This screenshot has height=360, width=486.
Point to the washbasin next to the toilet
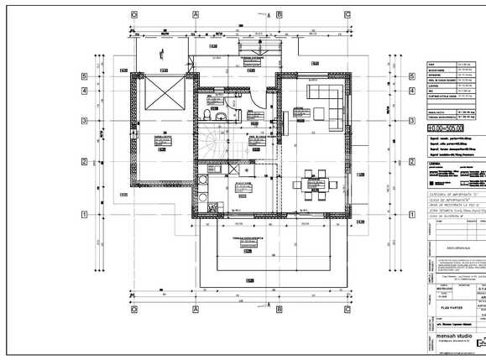coord(219,118)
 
